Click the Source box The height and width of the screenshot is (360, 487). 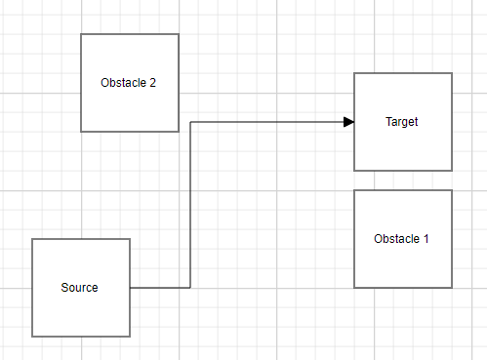tap(81, 312)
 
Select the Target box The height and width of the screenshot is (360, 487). tap(402, 146)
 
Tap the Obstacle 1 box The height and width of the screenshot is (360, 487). tap(402, 263)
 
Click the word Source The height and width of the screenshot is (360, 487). tap(80, 288)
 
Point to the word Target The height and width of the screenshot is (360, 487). tap(402, 122)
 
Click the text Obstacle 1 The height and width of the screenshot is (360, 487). tap(401, 239)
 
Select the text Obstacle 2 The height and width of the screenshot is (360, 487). tap(128, 83)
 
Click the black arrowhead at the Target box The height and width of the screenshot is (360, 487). tap(347, 122)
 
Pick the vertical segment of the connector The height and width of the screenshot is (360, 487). tap(189, 205)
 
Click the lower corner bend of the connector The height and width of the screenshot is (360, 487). tap(189, 288)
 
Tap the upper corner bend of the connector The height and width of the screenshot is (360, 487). tap(189, 122)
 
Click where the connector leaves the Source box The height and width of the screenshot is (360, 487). tap(131, 288)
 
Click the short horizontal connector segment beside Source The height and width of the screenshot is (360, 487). tap(160, 288)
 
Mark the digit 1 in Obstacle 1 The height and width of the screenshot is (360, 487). tap(425, 239)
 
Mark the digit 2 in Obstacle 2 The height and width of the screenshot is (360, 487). tap(152, 83)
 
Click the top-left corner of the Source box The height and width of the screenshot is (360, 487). tap(32, 239)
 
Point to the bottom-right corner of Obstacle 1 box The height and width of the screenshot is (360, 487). tap(452, 288)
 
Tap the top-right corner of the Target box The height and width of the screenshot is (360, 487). tap(452, 73)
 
